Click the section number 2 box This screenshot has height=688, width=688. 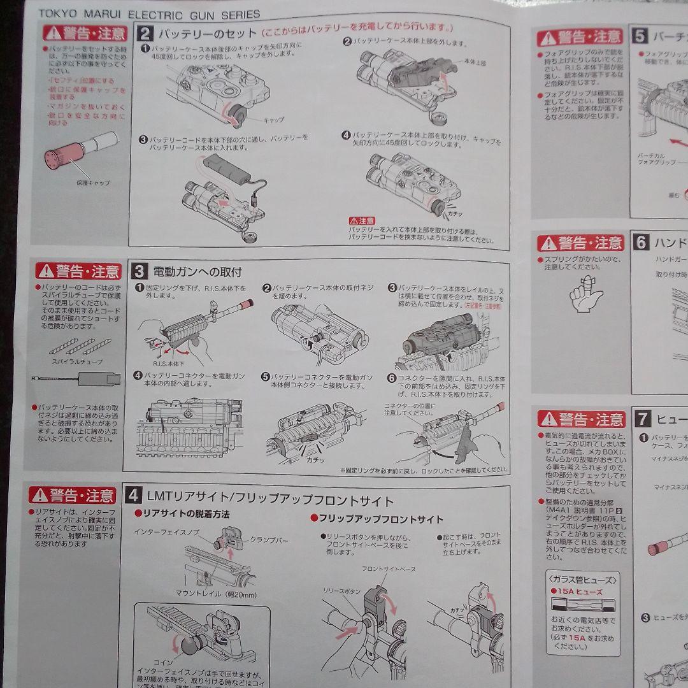coord(145,34)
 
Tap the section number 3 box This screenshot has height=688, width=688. coord(140,272)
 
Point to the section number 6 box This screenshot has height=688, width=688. coord(641,242)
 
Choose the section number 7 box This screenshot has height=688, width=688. coord(643,419)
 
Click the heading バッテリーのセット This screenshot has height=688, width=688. coord(207,33)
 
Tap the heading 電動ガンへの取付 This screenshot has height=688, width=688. coord(197,272)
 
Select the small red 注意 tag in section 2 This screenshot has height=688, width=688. coord(361,221)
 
